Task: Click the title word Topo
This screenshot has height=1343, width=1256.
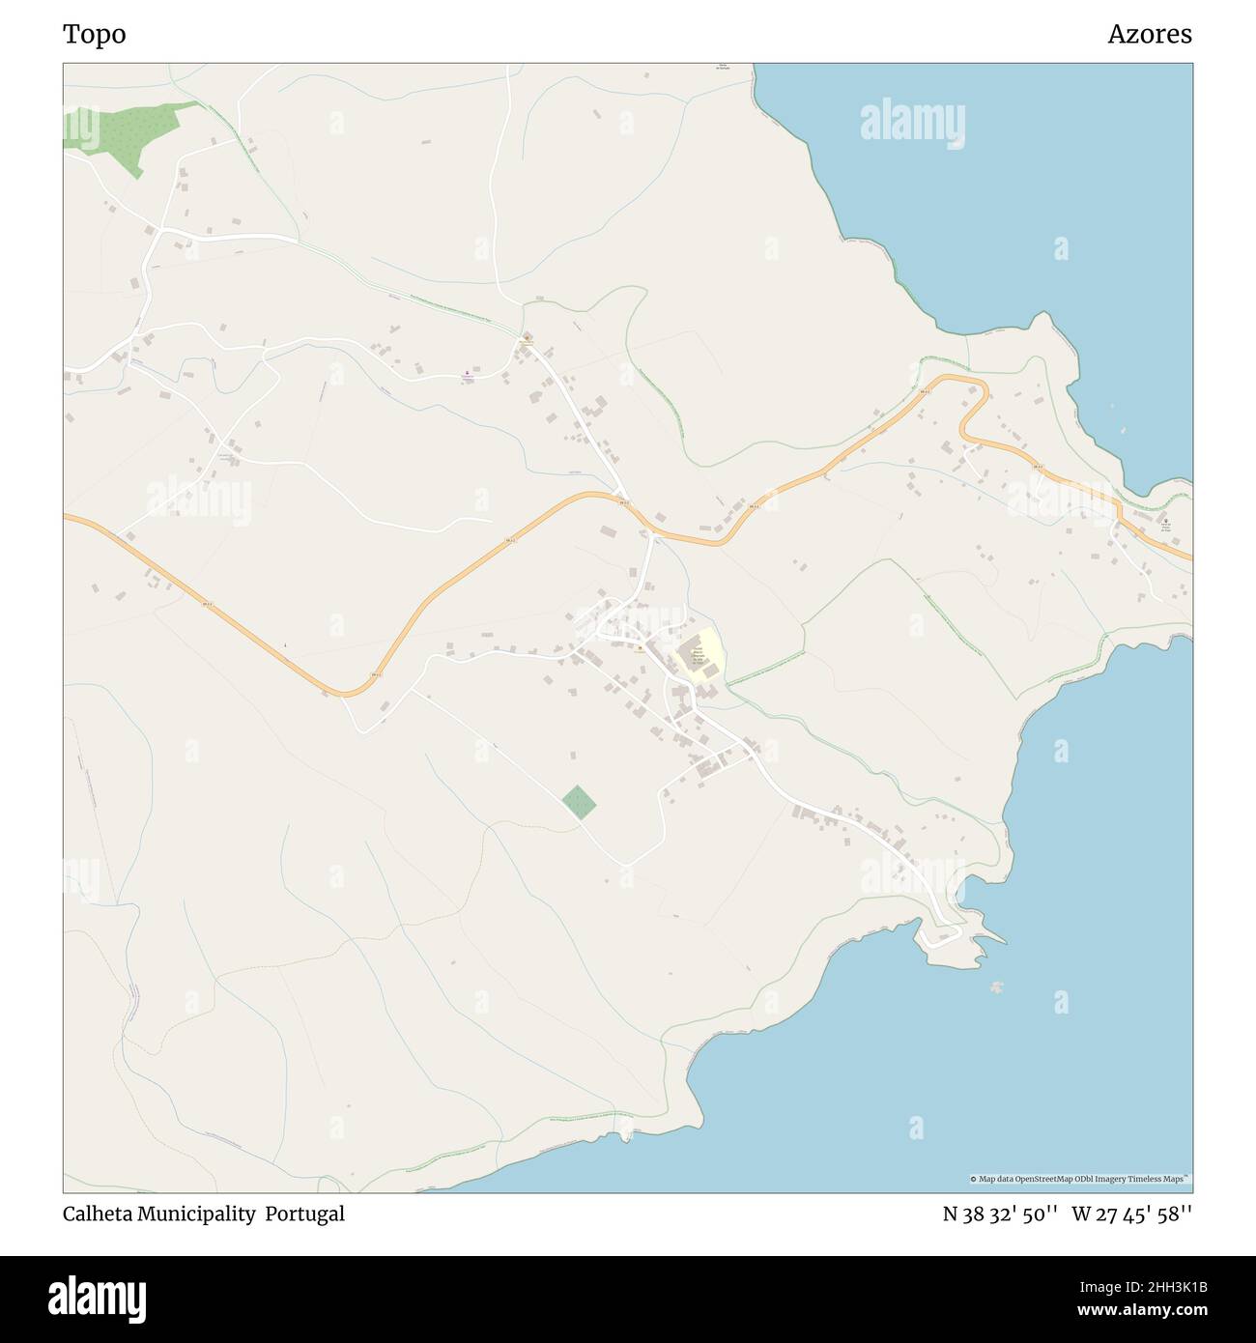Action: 94,35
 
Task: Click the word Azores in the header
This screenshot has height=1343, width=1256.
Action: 1149,35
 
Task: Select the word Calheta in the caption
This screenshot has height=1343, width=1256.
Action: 98,1214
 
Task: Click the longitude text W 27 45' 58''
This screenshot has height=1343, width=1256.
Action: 1131,1214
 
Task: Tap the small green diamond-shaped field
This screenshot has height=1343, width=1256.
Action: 579,803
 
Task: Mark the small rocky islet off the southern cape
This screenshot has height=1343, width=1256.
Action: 997,986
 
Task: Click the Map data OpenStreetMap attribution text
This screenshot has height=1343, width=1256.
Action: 1080,1179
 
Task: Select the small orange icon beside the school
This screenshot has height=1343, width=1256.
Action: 640,649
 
